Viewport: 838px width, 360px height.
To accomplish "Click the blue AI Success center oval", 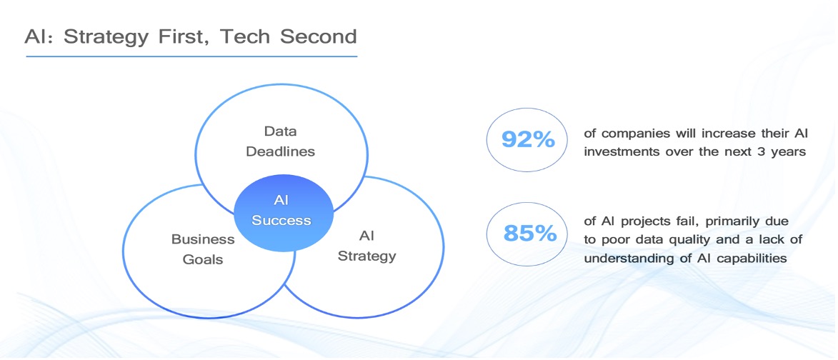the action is [x=284, y=213].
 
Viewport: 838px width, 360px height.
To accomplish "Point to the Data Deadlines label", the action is [x=281, y=141].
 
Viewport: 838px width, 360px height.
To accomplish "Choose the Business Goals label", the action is [x=203, y=249].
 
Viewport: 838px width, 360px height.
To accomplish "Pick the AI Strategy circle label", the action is [x=366, y=245].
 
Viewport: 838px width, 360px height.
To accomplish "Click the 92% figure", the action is [x=527, y=140].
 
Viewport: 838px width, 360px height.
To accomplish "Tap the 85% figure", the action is [x=529, y=234].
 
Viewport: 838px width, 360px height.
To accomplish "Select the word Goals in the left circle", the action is [x=203, y=260].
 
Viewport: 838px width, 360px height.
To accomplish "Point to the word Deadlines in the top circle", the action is [x=281, y=151].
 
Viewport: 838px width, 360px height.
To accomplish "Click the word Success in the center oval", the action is [x=281, y=221].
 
